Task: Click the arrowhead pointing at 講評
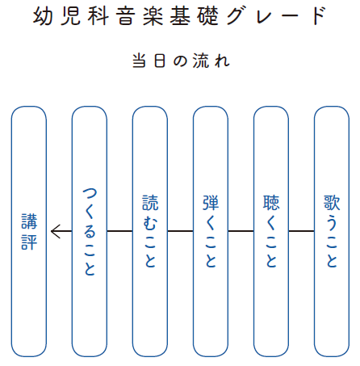point(55,231)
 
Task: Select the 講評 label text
point(29,232)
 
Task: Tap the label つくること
point(90,232)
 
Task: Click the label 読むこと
point(150,232)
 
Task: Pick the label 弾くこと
point(211,232)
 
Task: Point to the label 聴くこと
point(271,232)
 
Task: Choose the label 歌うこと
point(332,232)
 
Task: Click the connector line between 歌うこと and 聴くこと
point(301,231)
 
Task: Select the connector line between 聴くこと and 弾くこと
point(241,231)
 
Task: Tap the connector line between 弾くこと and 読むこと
point(180,231)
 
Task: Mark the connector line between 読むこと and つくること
point(119,231)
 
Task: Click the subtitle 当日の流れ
point(181,61)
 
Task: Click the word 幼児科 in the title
point(71,15)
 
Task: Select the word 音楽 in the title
point(140,15)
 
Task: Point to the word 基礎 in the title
point(194,15)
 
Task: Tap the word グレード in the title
point(277,15)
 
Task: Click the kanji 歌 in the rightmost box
point(332,203)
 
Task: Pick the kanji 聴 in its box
point(271,203)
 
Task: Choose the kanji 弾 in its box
point(211,203)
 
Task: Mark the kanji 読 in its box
point(150,203)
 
